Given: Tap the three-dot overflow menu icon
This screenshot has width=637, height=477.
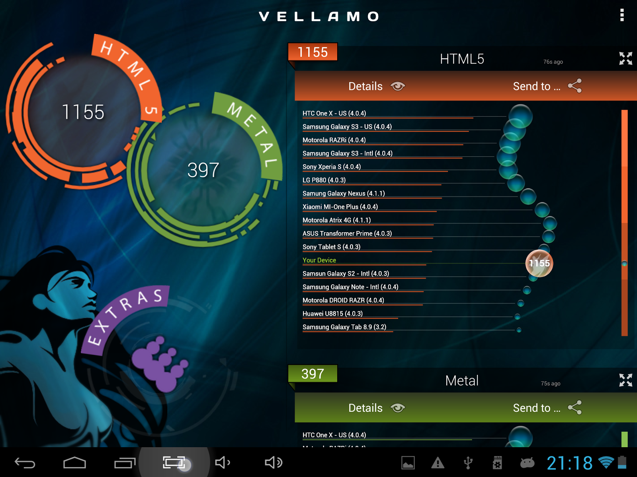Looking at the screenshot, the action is click(x=622, y=15).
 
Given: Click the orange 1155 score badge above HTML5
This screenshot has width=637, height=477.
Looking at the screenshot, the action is click(x=313, y=52).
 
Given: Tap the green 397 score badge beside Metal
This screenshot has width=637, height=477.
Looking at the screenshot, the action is click(x=313, y=374).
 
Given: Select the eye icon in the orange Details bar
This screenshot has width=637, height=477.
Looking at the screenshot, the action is click(x=398, y=86).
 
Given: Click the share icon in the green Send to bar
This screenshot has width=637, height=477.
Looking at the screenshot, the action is click(x=575, y=407).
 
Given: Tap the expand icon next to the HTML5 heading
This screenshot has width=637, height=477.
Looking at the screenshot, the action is click(x=625, y=58).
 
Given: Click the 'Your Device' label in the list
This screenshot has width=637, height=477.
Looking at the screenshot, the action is click(x=319, y=260).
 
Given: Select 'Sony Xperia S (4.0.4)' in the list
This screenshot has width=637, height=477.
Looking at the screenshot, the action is click(x=332, y=167).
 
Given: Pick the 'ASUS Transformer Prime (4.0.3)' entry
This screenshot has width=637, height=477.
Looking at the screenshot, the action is click(x=347, y=233).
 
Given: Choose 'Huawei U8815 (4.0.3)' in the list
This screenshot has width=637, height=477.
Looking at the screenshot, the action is click(x=332, y=314).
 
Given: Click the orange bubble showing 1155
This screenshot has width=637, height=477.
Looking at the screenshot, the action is click(x=539, y=263).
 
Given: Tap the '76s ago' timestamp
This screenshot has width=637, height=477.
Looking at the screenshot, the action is click(x=553, y=62).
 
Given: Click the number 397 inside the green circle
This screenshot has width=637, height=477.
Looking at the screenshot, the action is click(x=203, y=170).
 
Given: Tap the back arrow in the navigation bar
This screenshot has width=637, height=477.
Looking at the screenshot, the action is click(x=25, y=463).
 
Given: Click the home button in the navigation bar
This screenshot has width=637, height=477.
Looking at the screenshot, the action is click(x=74, y=463).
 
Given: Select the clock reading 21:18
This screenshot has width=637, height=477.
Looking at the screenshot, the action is click(x=569, y=463).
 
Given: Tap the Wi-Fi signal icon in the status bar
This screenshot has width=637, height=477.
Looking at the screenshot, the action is click(x=606, y=462).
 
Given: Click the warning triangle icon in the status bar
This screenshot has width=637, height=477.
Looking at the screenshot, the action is click(x=438, y=463).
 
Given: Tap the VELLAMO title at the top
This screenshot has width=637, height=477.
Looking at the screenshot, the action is click(x=318, y=16).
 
